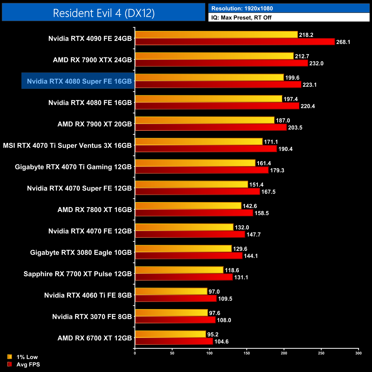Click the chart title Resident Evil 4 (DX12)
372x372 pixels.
click(104, 13)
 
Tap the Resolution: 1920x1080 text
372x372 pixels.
click(242, 8)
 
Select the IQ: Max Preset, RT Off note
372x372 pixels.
click(241, 17)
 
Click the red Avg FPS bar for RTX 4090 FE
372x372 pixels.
click(235, 42)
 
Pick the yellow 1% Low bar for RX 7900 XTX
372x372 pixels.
click(214, 56)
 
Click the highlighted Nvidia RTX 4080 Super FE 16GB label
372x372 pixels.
click(79, 81)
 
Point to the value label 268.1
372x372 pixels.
click(343, 42)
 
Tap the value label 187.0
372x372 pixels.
click(283, 120)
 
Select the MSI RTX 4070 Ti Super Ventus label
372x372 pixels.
click(67, 145)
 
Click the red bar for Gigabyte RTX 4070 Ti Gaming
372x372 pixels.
click(202, 170)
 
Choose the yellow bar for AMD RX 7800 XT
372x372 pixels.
click(188, 206)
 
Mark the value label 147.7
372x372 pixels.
click(254, 235)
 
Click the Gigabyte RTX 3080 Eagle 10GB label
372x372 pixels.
click(81, 252)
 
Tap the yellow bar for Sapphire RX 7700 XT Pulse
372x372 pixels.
click(179, 270)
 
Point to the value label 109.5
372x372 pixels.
click(225, 299)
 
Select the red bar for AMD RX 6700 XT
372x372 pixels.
click(174, 341)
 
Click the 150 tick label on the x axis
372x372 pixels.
click(247, 353)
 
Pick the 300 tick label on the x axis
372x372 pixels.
click(358, 353)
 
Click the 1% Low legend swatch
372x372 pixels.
click(10, 357)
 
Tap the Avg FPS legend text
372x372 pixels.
click(28, 364)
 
